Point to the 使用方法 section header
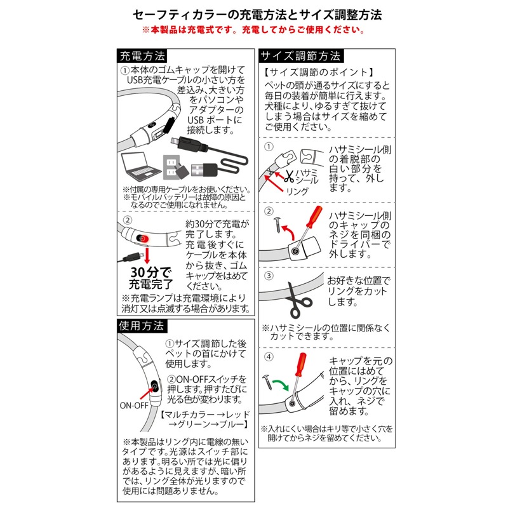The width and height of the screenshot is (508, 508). tap(141, 326)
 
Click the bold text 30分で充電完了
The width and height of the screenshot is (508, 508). tap(149, 280)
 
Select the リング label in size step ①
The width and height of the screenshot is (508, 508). tap(297, 190)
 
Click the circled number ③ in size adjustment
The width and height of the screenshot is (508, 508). tap(269, 277)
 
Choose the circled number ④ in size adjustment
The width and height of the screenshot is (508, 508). tap(269, 357)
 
